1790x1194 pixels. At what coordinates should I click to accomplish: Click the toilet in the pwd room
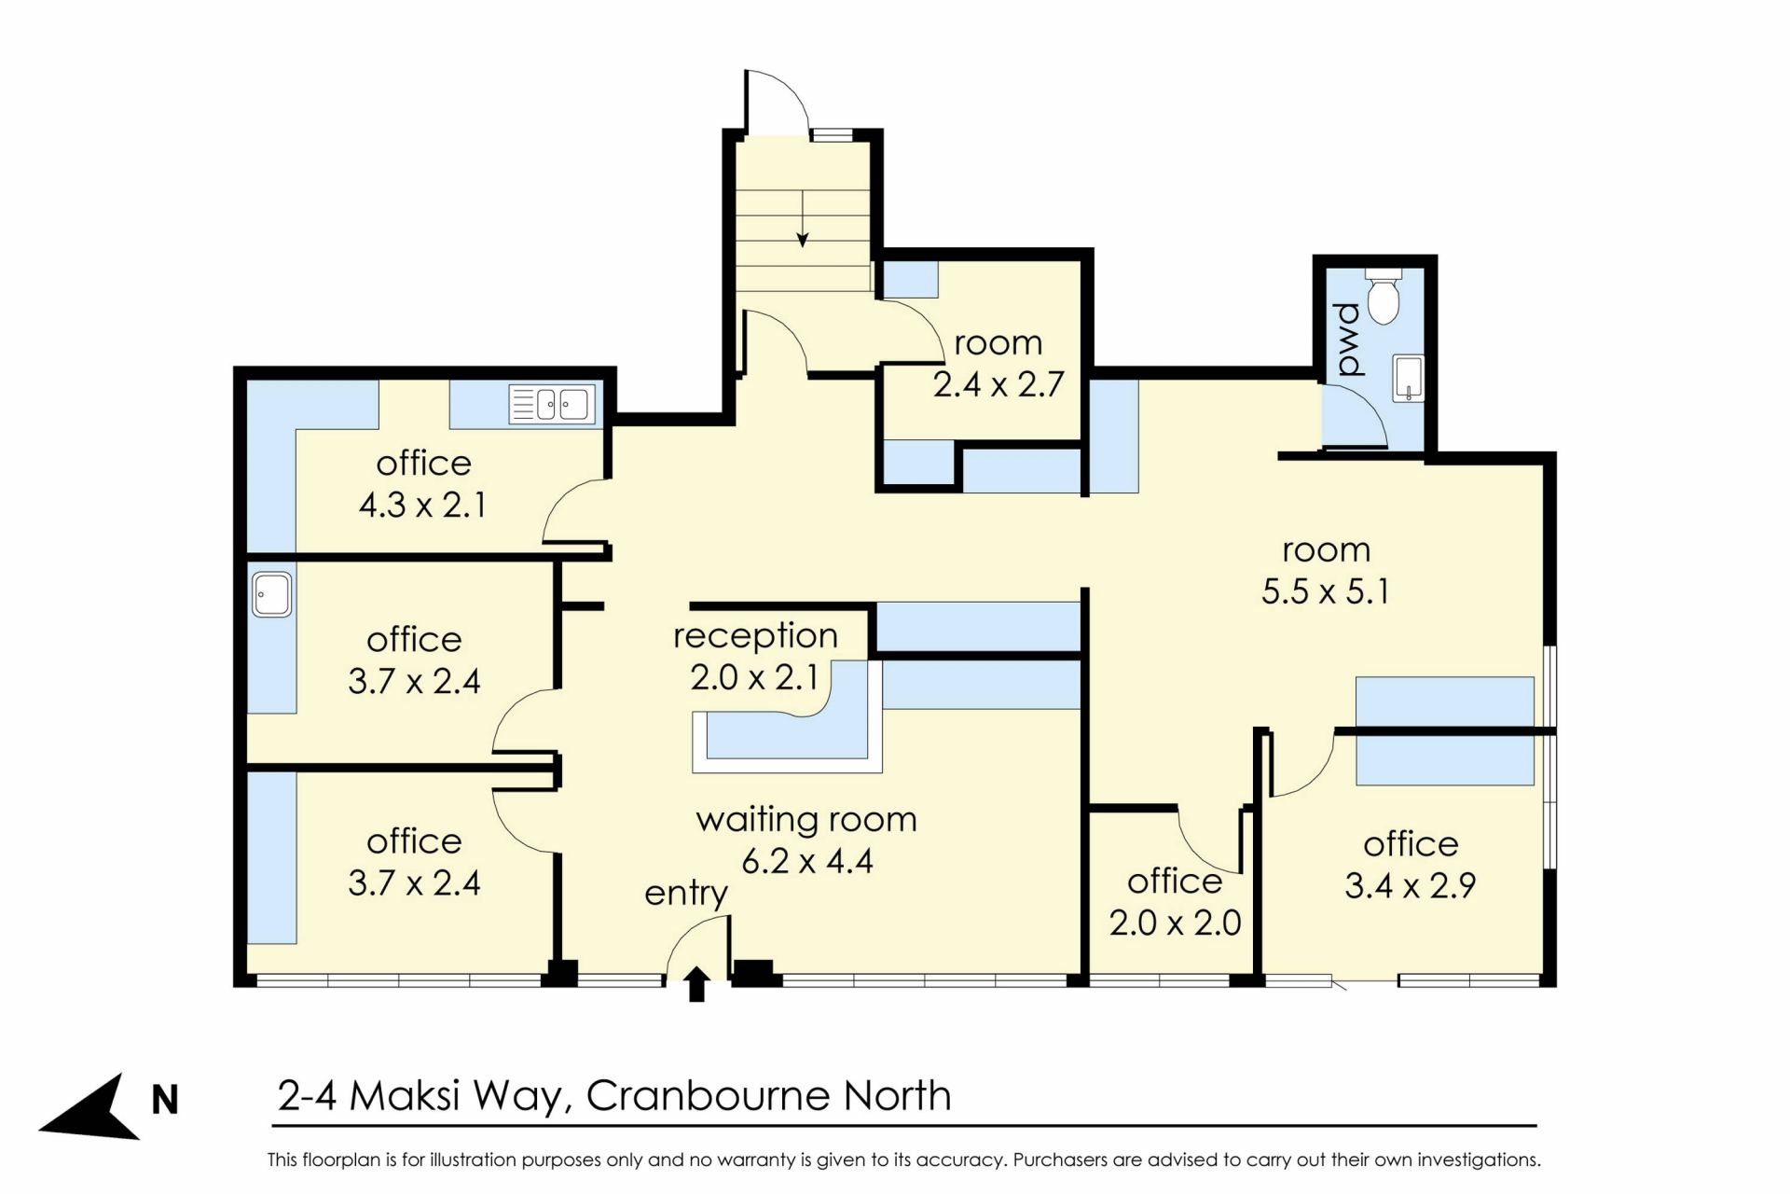[x=1384, y=297]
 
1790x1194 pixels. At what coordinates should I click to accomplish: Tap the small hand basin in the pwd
[x=1408, y=378]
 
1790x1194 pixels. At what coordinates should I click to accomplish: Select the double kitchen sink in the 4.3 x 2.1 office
[x=552, y=404]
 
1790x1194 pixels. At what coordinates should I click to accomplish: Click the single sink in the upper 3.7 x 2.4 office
[x=272, y=594]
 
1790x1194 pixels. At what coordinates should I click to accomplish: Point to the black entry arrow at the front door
[x=696, y=984]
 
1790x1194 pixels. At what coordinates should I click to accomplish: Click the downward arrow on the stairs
[x=802, y=219]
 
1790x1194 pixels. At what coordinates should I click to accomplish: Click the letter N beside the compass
[x=165, y=1101]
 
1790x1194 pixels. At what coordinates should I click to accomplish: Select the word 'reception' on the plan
[x=755, y=635]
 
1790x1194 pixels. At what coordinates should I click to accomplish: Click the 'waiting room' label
[x=806, y=819]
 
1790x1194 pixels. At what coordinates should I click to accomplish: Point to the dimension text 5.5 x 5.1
[x=1325, y=591]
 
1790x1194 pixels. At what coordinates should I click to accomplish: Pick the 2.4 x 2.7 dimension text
[x=998, y=384]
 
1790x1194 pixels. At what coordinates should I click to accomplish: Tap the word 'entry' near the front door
[x=686, y=894]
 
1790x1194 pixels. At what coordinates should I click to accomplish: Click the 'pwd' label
[x=1348, y=340]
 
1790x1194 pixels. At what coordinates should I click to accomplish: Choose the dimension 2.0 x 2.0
[x=1175, y=923]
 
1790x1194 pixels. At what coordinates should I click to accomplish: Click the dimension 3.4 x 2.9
[x=1410, y=885]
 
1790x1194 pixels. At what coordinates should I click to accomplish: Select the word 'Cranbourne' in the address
[x=709, y=1096]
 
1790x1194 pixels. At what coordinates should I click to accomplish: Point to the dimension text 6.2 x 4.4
[x=807, y=861]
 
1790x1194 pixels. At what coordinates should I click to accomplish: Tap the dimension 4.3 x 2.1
[x=422, y=505]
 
